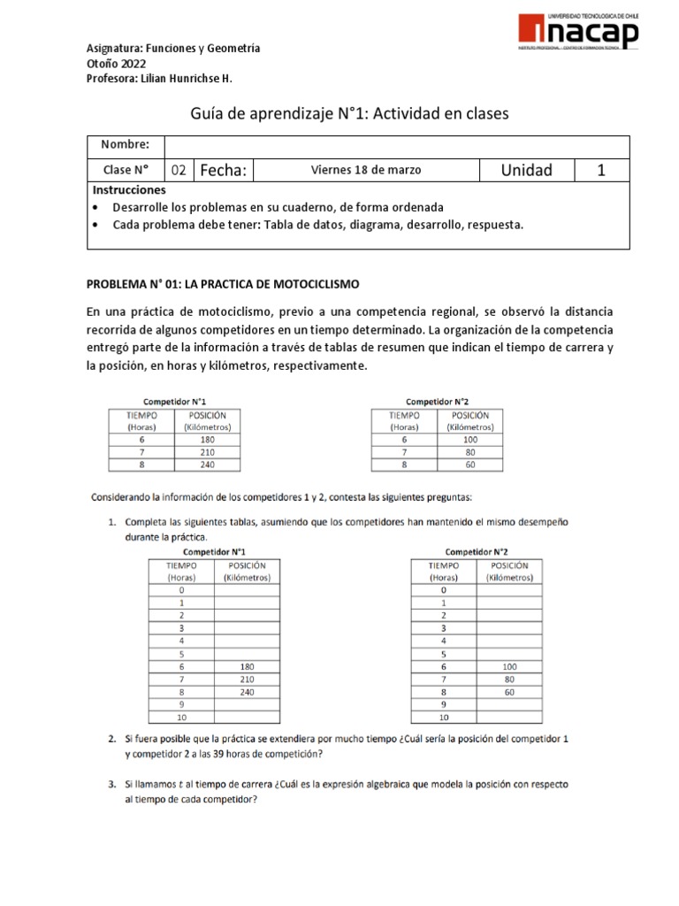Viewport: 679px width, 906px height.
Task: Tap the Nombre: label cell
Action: pos(126,145)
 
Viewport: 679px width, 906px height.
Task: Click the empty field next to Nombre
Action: pos(397,145)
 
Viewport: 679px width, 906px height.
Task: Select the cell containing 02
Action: pos(179,171)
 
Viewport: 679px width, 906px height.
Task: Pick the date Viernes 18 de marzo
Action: pos(366,170)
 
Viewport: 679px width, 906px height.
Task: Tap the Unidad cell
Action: pos(526,171)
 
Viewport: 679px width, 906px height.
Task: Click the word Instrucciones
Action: pos(129,190)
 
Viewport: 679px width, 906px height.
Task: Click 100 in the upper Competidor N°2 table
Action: pos(469,438)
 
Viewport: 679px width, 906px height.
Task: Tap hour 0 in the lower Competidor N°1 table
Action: pos(181,589)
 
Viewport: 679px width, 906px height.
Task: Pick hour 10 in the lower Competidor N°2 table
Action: pos(444,718)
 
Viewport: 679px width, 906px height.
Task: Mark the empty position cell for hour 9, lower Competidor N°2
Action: pos(509,704)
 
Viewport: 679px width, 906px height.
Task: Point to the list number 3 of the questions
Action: pos(112,784)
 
